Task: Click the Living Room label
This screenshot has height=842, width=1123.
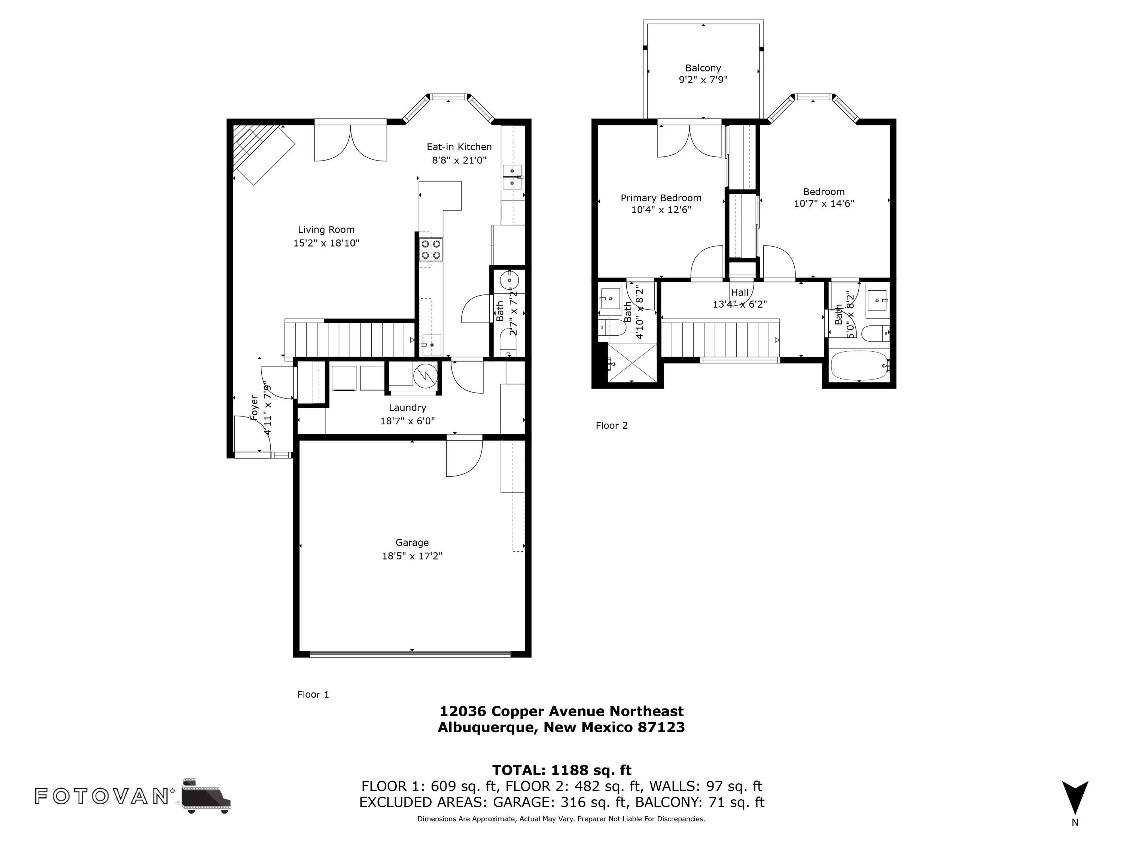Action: [326, 230]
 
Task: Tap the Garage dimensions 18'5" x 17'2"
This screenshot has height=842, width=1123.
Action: [412, 556]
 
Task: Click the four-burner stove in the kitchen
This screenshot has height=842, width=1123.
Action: [431, 250]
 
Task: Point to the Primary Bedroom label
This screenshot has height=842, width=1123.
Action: [660, 198]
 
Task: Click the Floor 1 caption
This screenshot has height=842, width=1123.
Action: [313, 694]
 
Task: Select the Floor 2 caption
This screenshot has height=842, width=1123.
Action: [611, 425]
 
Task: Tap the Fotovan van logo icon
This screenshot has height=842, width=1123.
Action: [206, 795]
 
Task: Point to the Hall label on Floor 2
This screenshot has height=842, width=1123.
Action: [739, 292]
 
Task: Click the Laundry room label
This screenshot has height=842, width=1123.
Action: [407, 408]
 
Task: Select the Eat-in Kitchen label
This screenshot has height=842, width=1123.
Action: [459, 147]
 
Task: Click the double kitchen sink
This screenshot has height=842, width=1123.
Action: [512, 177]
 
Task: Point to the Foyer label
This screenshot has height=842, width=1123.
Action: [254, 407]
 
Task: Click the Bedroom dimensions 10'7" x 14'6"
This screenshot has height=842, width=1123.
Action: [824, 204]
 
